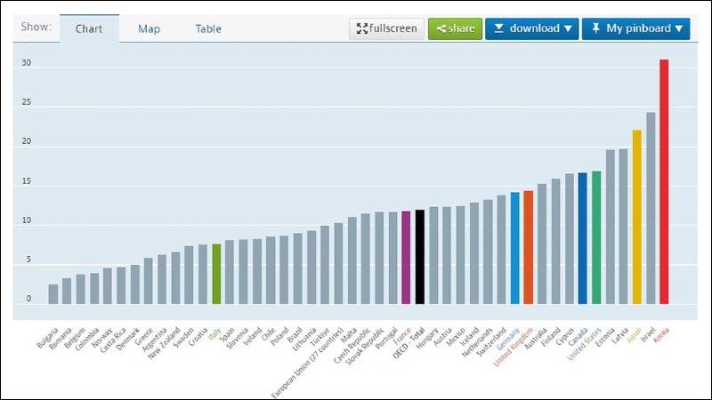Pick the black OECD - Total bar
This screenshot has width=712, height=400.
[420, 257]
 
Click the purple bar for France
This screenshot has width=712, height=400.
[406, 257]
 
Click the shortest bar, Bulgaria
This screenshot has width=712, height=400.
[53, 293]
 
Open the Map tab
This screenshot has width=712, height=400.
[149, 28]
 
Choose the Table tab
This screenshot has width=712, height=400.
[208, 28]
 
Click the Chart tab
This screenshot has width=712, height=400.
[89, 28]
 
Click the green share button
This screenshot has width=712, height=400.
[455, 28]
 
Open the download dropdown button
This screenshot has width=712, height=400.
[532, 28]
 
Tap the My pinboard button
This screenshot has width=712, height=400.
[635, 28]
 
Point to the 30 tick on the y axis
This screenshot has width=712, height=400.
[27, 64]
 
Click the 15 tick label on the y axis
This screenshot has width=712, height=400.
[27, 182]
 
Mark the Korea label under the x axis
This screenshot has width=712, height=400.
[660, 337]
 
